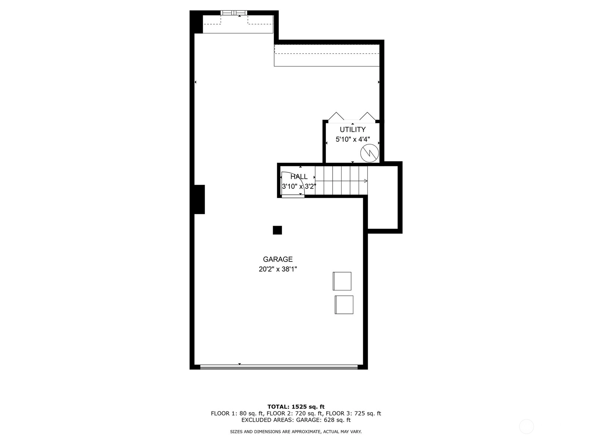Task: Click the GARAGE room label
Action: [x=277, y=259]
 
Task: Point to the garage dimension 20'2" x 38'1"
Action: [x=278, y=269]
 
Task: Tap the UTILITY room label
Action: [x=353, y=129]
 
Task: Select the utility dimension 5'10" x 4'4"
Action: [x=353, y=139]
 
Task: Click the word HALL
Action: [x=299, y=176]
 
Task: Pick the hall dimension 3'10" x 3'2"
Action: [x=299, y=186]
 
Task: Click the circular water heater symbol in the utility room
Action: [x=370, y=153]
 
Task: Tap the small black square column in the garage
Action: [x=277, y=230]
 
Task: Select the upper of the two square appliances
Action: [x=342, y=281]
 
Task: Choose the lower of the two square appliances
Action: [x=344, y=305]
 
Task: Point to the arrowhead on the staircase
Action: [x=366, y=181]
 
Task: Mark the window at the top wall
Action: [x=233, y=13]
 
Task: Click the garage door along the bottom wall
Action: [x=279, y=367]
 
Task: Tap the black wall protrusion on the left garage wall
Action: [x=199, y=199]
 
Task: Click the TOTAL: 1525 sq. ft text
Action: [x=296, y=407]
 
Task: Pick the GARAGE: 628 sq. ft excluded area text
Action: [x=323, y=420]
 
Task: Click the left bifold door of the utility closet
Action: [x=336, y=116]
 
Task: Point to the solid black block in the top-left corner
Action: [x=196, y=22]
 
